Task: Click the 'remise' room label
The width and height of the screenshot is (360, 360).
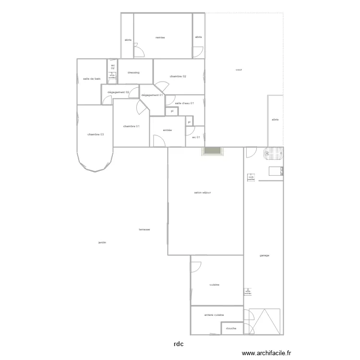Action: [160, 37]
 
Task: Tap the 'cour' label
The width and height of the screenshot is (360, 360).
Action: [239, 70]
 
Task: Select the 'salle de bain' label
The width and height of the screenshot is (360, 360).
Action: [92, 79]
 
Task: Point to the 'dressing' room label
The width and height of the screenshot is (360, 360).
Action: [133, 72]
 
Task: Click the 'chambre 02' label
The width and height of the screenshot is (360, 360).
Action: [178, 76]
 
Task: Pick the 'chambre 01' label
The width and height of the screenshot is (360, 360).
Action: [131, 126]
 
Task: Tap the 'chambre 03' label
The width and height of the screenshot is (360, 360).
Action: [96, 134]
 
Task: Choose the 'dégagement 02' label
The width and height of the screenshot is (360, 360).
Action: [119, 92]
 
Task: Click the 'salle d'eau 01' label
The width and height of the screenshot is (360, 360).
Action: [184, 103]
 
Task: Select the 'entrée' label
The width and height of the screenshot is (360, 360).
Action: [168, 130]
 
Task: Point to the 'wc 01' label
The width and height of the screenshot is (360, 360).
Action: [195, 137]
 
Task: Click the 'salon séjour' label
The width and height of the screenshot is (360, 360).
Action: [203, 192]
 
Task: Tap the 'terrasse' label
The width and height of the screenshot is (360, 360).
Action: [144, 229]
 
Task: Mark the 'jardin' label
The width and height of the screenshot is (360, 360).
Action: [102, 242]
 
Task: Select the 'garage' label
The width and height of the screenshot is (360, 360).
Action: [264, 255]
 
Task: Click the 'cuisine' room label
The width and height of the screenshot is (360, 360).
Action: [215, 285]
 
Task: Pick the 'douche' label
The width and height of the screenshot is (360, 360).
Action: [230, 328]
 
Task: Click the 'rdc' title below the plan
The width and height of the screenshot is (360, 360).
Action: [178, 344]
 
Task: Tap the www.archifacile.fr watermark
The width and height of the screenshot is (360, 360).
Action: [267, 353]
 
